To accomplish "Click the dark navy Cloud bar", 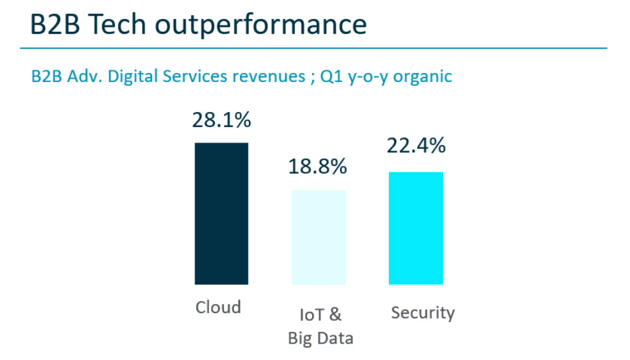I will pyautogui.click(x=222, y=214).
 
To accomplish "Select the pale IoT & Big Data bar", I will pyautogui.click(x=319, y=237).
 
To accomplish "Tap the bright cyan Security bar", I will pyautogui.click(x=416, y=228).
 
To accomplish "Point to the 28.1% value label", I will pyautogui.click(x=222, y=120).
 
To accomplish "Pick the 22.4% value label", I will pyautogui.click(x=416, y=146).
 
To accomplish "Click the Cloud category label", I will pyautogui.click(x=218, y=307).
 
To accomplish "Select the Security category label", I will pyautogui.click(x=423, y=312).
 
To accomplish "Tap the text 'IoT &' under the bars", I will pyautogui.click(x=320, y=315).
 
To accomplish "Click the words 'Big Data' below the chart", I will pyautogui.click(x=321, y=338).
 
